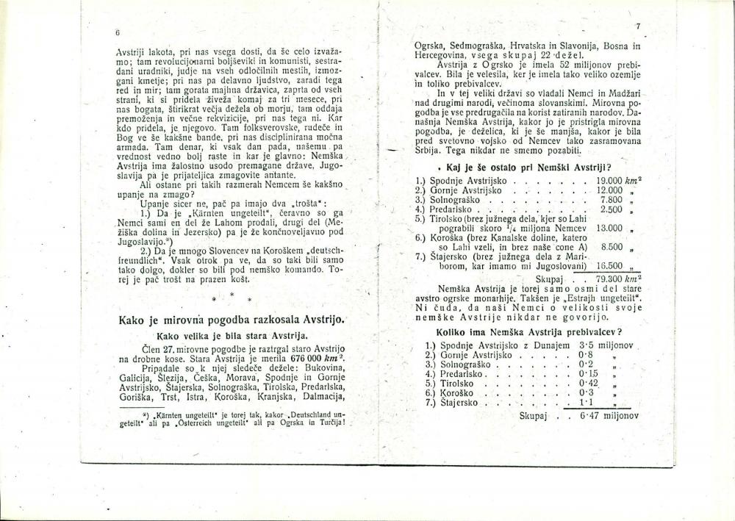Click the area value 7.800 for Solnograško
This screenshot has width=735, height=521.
point(612,199)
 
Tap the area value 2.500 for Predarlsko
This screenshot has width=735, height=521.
point(612,209)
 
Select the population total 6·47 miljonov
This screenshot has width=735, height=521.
point(607,415)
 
